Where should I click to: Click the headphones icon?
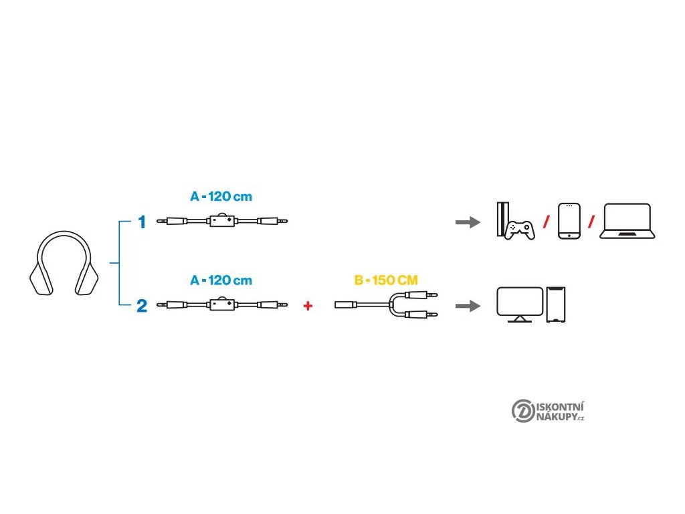[x=64, y=263]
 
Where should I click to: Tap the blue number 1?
[x=142, y=222]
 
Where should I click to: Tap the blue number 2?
[x=142, y=306]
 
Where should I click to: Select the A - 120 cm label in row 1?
[x=221, y=197]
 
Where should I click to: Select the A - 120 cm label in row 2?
[x=221, y=280]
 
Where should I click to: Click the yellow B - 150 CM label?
[x=387, y=280]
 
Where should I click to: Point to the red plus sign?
[x=308, y=306]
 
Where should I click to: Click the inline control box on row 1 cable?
[x=222, y=220]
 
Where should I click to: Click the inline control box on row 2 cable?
[x=222, y=305]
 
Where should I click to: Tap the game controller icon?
[x=519, y=231]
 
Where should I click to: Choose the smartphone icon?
[x=569, y=221]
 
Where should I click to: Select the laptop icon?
[x=627, y=222]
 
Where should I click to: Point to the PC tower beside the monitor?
[x=557, y=305]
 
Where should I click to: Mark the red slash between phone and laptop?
[x=591, y=222]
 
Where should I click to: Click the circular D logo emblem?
[x=522, y=411]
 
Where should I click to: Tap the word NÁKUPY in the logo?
[x=557, y=417]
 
